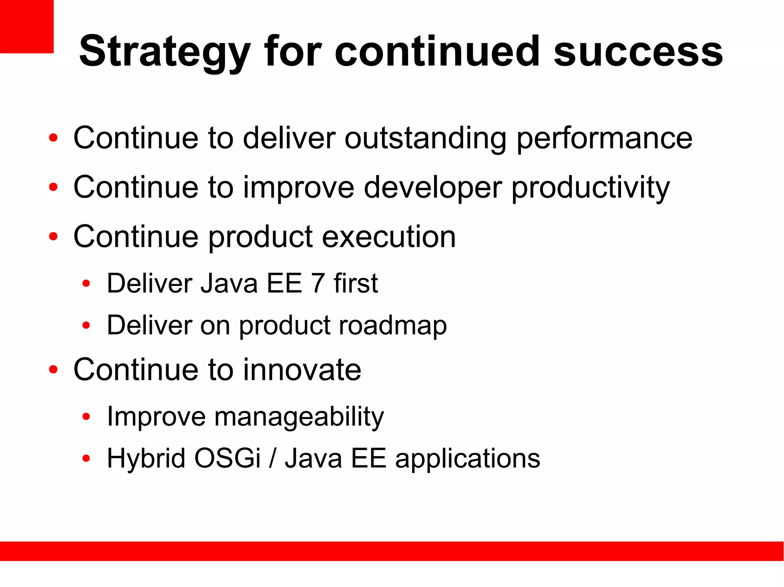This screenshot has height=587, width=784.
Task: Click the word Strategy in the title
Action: [165, 52]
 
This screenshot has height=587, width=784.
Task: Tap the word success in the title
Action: [638, 52]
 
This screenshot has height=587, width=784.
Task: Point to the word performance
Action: [604, 138]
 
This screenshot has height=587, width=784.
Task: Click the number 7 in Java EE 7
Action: [318, 284]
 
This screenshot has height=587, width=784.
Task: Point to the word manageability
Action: [299, 417]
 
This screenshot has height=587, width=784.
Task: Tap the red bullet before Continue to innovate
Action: [53, 370]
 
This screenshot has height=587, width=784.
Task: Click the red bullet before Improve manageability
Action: [86, 416]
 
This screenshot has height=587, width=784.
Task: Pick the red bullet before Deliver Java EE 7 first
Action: [86, 284]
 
